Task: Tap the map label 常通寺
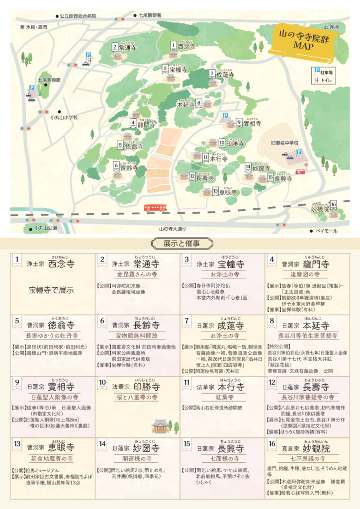127,48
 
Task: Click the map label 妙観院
320,209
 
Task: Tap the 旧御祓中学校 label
284,143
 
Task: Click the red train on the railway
155,207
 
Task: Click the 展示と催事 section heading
180,243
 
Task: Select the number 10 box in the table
103,383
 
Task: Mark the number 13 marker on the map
215,190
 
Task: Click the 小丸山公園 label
46,228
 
